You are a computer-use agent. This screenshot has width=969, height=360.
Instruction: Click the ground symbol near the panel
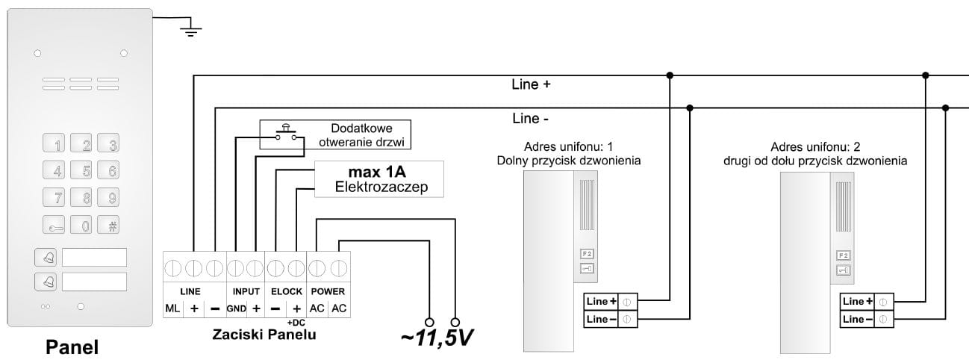[x=191, y=29]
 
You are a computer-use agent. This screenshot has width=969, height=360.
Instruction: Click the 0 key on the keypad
[x=86, y=225]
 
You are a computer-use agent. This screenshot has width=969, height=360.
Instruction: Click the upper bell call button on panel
[x=46, y=258]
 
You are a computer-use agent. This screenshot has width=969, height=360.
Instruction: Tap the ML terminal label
[x=172, y=308]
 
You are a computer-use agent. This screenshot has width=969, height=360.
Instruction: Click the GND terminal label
[x=237, y=308]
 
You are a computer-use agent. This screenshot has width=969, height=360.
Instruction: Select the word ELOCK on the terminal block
[x=286, y=291]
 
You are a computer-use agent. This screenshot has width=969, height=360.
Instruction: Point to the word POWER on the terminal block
[x=328, y=291]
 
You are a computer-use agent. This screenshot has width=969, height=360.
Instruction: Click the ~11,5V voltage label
[x=437, y=337]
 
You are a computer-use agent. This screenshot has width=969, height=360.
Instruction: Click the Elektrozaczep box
[x=379, y=179]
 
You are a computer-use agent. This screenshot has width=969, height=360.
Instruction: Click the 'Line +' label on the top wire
[x=531, y=84]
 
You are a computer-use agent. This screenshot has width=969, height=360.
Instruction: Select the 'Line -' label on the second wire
[x=531, y=118]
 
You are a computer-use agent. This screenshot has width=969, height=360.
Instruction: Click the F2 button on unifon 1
[x=585, y=254]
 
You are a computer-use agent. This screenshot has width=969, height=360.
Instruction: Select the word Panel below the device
[x=72, y=347]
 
